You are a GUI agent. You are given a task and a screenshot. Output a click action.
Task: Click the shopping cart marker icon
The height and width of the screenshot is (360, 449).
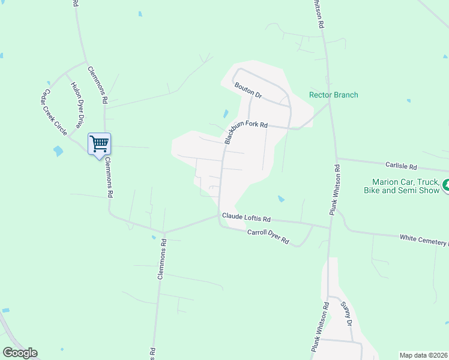(x=99, y=144)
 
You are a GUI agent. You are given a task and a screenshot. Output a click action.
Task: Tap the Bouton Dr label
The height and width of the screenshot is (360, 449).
(x=249, y=91)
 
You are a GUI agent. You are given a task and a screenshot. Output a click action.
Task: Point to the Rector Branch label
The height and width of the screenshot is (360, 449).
(x=333, y=95)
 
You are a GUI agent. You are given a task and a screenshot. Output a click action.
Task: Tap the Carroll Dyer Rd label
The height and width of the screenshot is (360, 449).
(x=268, y=237)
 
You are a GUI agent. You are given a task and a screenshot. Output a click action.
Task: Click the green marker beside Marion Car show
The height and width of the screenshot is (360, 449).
(x=445, y=186)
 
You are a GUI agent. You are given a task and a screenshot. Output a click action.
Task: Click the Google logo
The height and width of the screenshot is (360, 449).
(x=20, y=353)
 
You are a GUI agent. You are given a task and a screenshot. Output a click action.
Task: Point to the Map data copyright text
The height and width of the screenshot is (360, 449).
(x=423, y=355)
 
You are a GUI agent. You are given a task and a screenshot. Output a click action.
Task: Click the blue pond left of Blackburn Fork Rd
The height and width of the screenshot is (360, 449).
(x=225, y=113)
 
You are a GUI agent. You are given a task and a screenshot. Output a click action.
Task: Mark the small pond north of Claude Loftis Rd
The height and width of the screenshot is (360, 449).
(x=280, y=198)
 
